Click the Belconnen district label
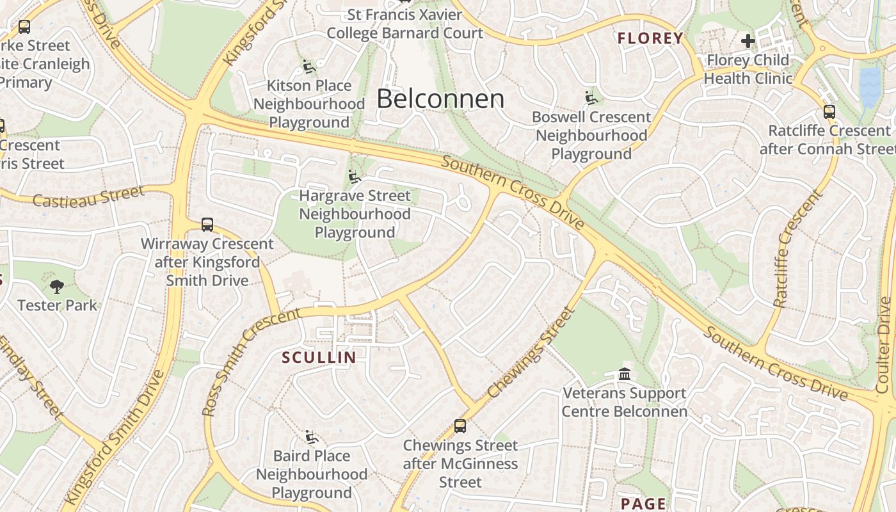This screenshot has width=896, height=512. pyautogui.click(x=440, y=99)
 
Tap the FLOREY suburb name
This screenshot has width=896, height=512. pyautogui.click(x=650, y=38)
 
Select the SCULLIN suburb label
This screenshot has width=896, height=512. pyautogui.click(x=319, y=357)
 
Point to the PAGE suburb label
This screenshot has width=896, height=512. pyautogui.click(x=643, y=504)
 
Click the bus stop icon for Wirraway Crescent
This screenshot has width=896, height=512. pyautogui.click(x=207, y=225)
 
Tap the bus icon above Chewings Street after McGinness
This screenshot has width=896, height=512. pyautogui.click(x=460, y=426)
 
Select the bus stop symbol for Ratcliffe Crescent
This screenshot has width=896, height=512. pyautogui.click(x=829, y=112)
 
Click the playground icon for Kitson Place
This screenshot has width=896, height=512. pyautogui.click(x=309, y=66)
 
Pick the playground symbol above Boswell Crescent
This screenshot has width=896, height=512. pyautogui.click(x=591, y=98)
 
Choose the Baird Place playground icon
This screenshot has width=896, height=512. pyautogui.click(x=312, y=437)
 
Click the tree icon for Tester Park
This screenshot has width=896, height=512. pyautogui.click(x=57, y=286)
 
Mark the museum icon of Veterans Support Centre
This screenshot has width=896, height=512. pyautogui.click(x=625, y=374)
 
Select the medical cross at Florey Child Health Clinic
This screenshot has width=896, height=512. pyautogui.click(x=748, y=42)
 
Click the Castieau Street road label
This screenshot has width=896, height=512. pyautogui.click(x=88, y=196)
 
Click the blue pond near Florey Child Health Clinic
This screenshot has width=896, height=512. pyautogui.click(x=870, y=86)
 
